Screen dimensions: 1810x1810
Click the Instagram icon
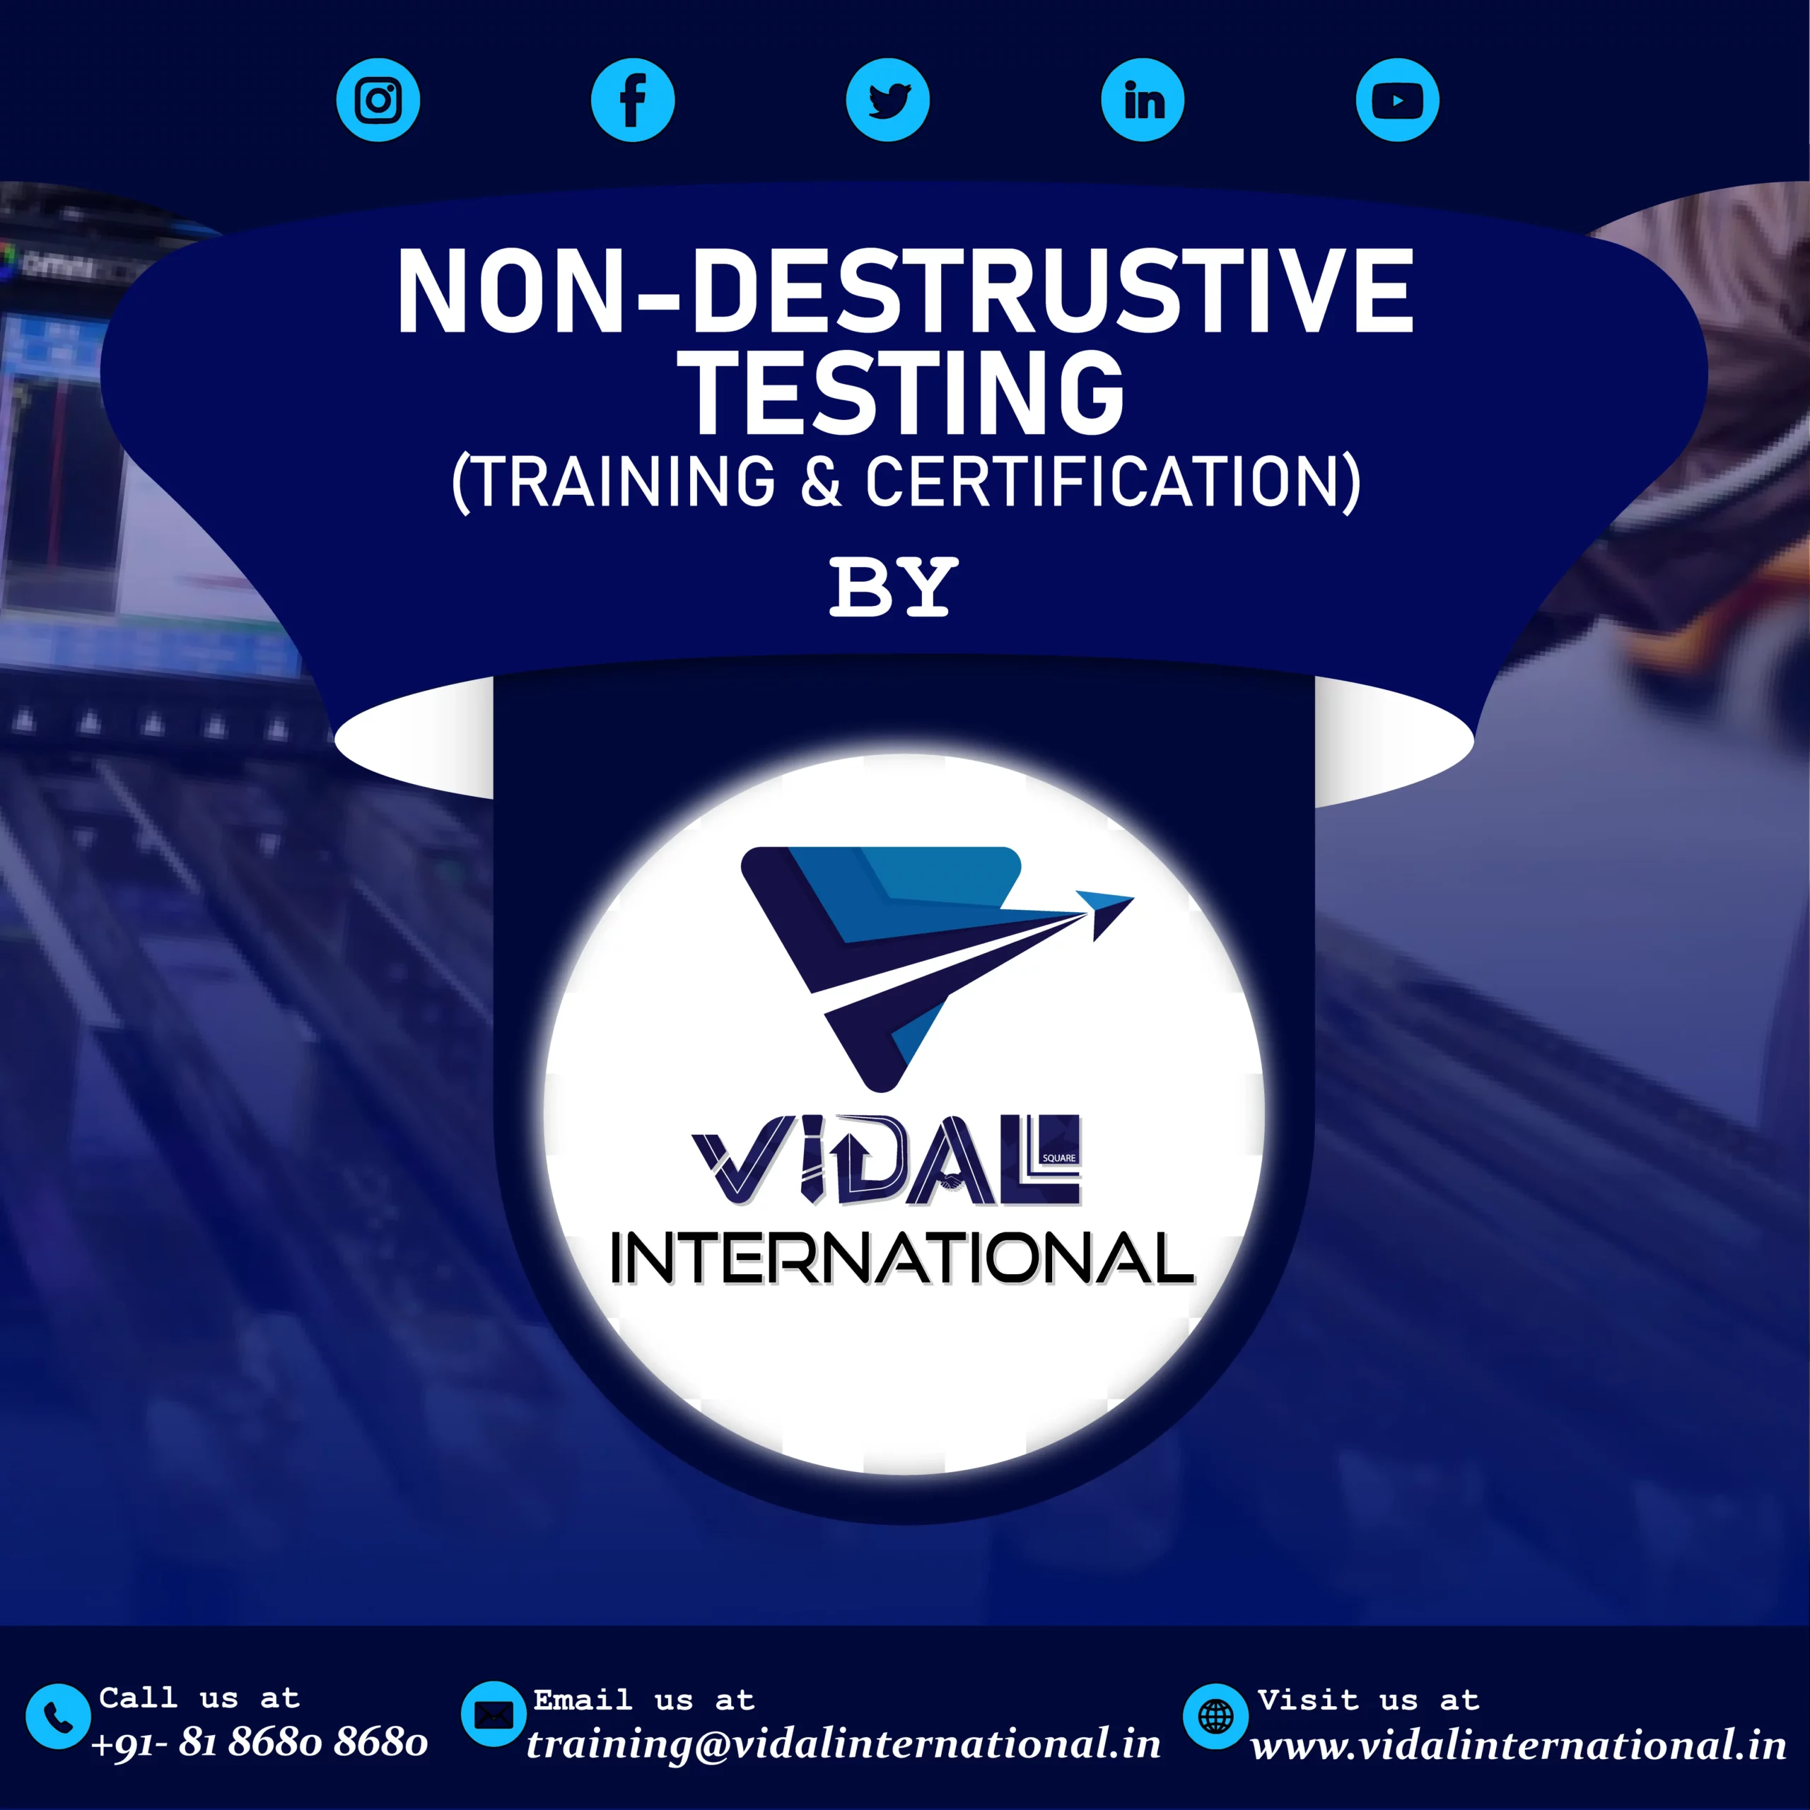pyautogui.click(x=378, y=100)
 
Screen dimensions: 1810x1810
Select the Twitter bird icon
pyautogui.click(x=887, y=100)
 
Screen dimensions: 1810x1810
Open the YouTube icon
pyautogui.click(x=1397, y=100)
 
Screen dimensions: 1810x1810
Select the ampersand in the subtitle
pyautogui.click(x=821, y=481)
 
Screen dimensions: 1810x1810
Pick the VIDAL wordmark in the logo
pyautogui.click(x=886, y=1160)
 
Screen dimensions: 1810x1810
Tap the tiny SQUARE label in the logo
pyautogui.click(x=1058, y=1158)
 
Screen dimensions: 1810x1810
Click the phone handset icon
pyautogui.click(x=58, y=1716)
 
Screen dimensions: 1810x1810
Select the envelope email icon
pyautogui.click(x=494, y=1715)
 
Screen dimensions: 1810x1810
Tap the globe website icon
pyautogui.click(x=1216, y=1716)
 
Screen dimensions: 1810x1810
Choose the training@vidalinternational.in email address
pyautogui.click(x=843, y=1744)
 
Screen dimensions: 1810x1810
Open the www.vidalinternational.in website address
pyautogui.click(x=1519, y=1746)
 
